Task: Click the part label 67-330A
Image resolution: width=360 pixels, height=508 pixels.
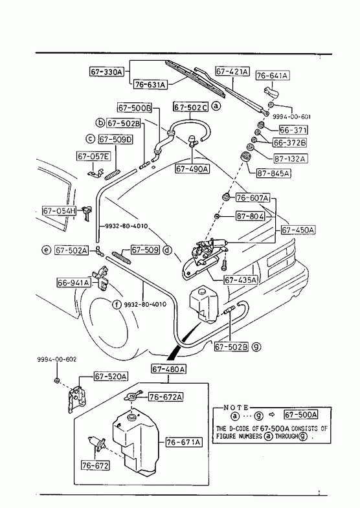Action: pyautogui.click(x=107, y=71)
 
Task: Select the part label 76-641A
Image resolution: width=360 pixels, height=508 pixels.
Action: pyautogui.click(x=273, y=76)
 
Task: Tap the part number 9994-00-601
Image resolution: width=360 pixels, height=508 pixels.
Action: pyautogui.click(x=291, y=116)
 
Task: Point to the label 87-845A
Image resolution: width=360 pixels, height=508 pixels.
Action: pyautogui.click(x=273, y=173)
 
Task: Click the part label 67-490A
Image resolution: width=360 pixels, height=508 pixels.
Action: pyautogui.click(x=192, y=169)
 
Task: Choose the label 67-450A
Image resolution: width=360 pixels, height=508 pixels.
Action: pyautogui.click(x=298, y=230)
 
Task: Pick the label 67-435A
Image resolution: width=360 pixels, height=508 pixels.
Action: pyautogui.click(x=241, y=280)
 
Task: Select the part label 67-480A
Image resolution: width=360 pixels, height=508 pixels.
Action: pyautogui.click(x=169, y=369)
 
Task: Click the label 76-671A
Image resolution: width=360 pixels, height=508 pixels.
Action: pyautogui.click(x=184, y=442)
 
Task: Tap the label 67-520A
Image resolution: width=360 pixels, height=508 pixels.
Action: pyautogui.click(x=111, y=377)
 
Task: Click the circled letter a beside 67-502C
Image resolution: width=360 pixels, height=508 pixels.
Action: pyautogui.click(x=216, y=105)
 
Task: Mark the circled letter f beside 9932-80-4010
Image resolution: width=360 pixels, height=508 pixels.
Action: pyautogui.click(x=117, y=304)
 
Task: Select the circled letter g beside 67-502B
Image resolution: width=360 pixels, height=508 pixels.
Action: pyautogui.click(x=256, y=347)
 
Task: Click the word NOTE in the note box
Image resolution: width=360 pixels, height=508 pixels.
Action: pyautogui.click(x=236, y=408)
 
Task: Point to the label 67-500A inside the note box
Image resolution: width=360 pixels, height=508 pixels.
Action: pyautogui.click(x=300, y=415)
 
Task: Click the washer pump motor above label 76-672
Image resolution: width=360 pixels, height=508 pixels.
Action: pyautogui.click(x=96, y=443)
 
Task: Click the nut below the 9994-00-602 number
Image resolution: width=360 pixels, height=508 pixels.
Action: pyautogui.click(x=57, y=380)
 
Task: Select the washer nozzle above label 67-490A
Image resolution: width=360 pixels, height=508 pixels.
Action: pyautogui.click(x=192, y=141)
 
